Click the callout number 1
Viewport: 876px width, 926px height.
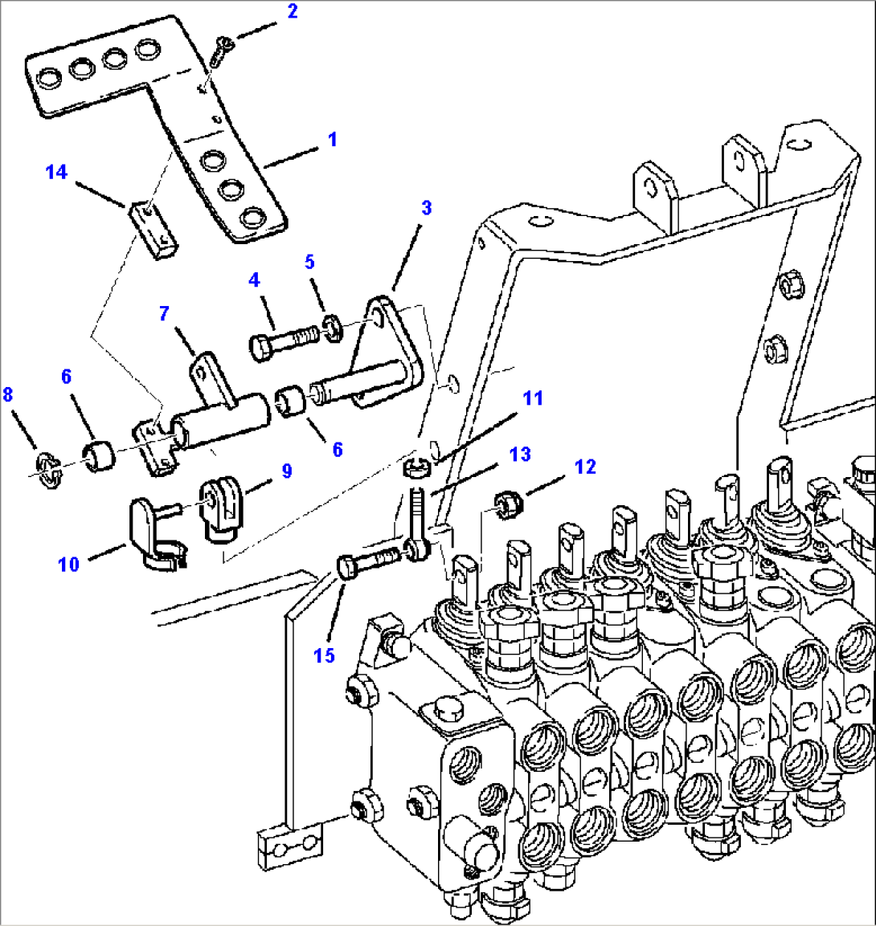332,140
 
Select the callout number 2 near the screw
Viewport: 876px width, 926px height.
292,11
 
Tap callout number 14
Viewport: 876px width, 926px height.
56,172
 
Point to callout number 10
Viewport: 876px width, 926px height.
68,564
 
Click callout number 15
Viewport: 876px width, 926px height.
324,655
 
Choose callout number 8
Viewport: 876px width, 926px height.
8,394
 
